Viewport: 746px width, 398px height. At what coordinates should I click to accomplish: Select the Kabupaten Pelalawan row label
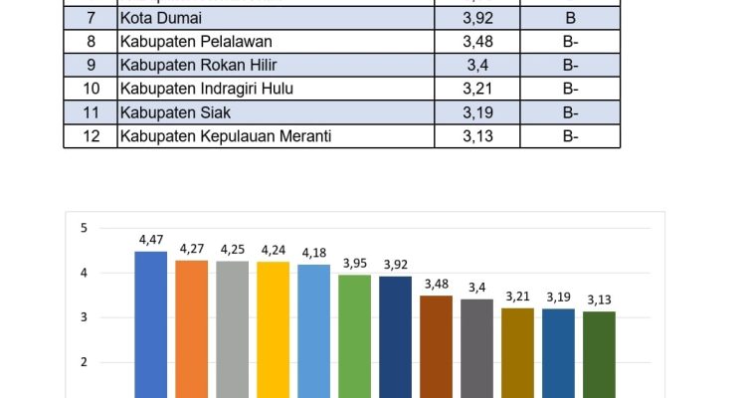pyautogui.click(x=195, y=42)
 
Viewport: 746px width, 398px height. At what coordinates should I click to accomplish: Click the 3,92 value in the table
pyautogui.click(x=477, y=18)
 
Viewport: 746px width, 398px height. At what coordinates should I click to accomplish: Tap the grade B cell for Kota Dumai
pyautogui.click(x=570, y=18)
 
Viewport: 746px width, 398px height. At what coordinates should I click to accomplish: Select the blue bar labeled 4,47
pyautogui.click(x=151, y=323)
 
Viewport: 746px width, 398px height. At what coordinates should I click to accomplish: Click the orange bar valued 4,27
pyautogui.click(x=192, y=328)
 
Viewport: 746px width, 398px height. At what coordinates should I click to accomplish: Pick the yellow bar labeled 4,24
pyautogui.click(x=274, y=328)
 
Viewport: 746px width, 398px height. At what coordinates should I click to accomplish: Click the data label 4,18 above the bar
pyautogui.click(x=314, y=253)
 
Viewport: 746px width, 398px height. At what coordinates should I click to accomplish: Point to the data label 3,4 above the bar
pyautogui.click(x=477, y=288)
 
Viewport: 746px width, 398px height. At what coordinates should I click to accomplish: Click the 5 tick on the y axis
pyautogui.click(x=84, y=228)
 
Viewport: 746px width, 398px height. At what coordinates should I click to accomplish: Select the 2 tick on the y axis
pyautogui.click(x=84, y=362)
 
